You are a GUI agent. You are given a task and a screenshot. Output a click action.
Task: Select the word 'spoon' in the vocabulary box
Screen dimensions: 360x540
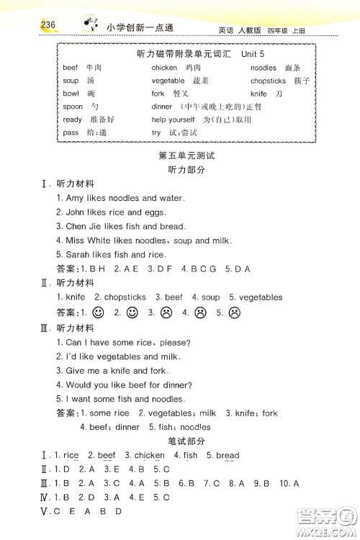[73, 107]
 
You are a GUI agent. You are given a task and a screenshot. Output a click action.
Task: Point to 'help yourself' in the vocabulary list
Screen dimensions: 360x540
[173, 120]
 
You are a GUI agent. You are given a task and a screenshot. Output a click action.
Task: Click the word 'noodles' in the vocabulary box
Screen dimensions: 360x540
[264, 68]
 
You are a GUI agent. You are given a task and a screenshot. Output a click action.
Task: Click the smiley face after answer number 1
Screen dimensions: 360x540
[99, 312]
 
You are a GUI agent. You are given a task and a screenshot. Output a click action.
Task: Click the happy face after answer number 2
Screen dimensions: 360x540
[132, 312]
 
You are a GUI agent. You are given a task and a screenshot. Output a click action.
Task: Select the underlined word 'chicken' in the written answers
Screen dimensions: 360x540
[149, 455]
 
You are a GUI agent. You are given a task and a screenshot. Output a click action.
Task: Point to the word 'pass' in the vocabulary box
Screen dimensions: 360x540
[71, 132]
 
